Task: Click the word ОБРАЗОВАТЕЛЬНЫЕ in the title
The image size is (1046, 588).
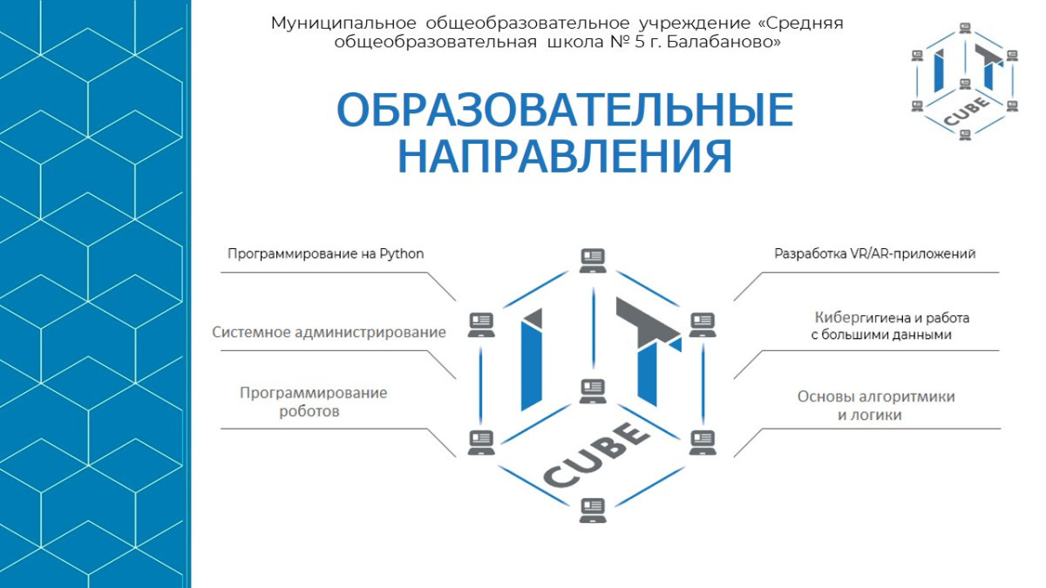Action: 564,111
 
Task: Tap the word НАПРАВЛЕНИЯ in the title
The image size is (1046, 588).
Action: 564,156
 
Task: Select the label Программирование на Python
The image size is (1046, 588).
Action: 325,254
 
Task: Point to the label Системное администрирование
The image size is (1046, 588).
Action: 329,332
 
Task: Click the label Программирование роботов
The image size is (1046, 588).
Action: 314,402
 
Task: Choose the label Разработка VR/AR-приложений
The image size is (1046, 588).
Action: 874,254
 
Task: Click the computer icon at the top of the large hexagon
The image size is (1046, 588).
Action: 593,260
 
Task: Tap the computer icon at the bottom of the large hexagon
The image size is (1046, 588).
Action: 593,509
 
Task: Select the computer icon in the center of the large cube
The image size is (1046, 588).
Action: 593,390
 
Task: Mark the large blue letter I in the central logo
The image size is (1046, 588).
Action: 534,358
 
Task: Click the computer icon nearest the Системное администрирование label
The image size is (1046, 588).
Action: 481,324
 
